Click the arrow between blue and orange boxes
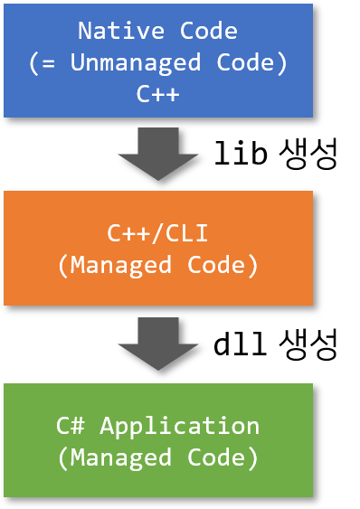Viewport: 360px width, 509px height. (x=158, y=152)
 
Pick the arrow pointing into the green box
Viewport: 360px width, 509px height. (x=158, y=343)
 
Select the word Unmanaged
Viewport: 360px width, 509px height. (x=113, y=62)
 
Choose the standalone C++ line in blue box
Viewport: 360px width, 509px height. (x=158, y=93)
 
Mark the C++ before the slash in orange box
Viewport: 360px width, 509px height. (x=128, y=233)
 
